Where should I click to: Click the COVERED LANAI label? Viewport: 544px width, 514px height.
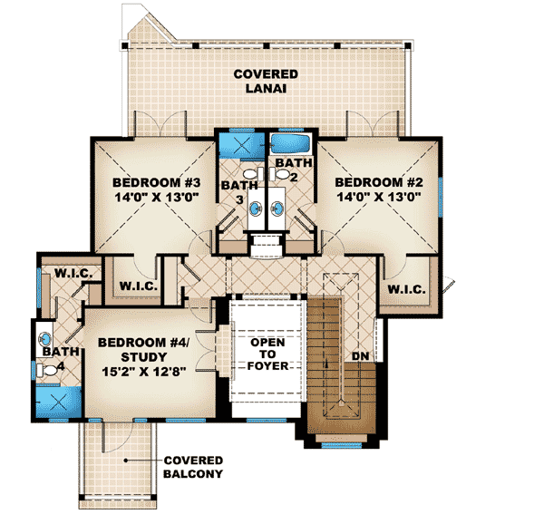click(x=265, y=80)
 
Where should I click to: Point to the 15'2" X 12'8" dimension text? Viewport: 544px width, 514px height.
click(x=144, y=371)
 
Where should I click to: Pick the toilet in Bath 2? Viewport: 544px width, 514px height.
click(x=282, y=172)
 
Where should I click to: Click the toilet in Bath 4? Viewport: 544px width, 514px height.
click(x=44, y=370)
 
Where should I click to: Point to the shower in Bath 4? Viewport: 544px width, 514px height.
click(x=55, y=402)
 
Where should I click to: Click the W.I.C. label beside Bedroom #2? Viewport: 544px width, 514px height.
click(x=406, y=289)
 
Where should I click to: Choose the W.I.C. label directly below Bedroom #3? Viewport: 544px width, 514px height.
click(x=138, y=286)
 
